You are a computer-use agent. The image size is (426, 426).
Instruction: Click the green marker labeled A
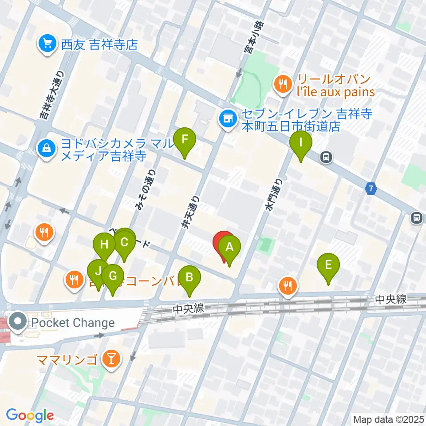pos(229,248)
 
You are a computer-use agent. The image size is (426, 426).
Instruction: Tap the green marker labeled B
pos(189,278)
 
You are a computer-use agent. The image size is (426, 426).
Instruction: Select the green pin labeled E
pos(328,266)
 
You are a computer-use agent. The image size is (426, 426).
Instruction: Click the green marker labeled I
pos(301,143)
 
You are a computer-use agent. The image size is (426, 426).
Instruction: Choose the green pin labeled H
pos(104,245)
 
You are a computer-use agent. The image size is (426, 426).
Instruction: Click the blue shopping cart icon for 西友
pos(47,44)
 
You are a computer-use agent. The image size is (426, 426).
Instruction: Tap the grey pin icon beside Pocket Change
pos(19,323)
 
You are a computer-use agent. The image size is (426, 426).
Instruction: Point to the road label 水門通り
pos(273,194)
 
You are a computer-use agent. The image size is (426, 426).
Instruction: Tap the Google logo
pos(30,415)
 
